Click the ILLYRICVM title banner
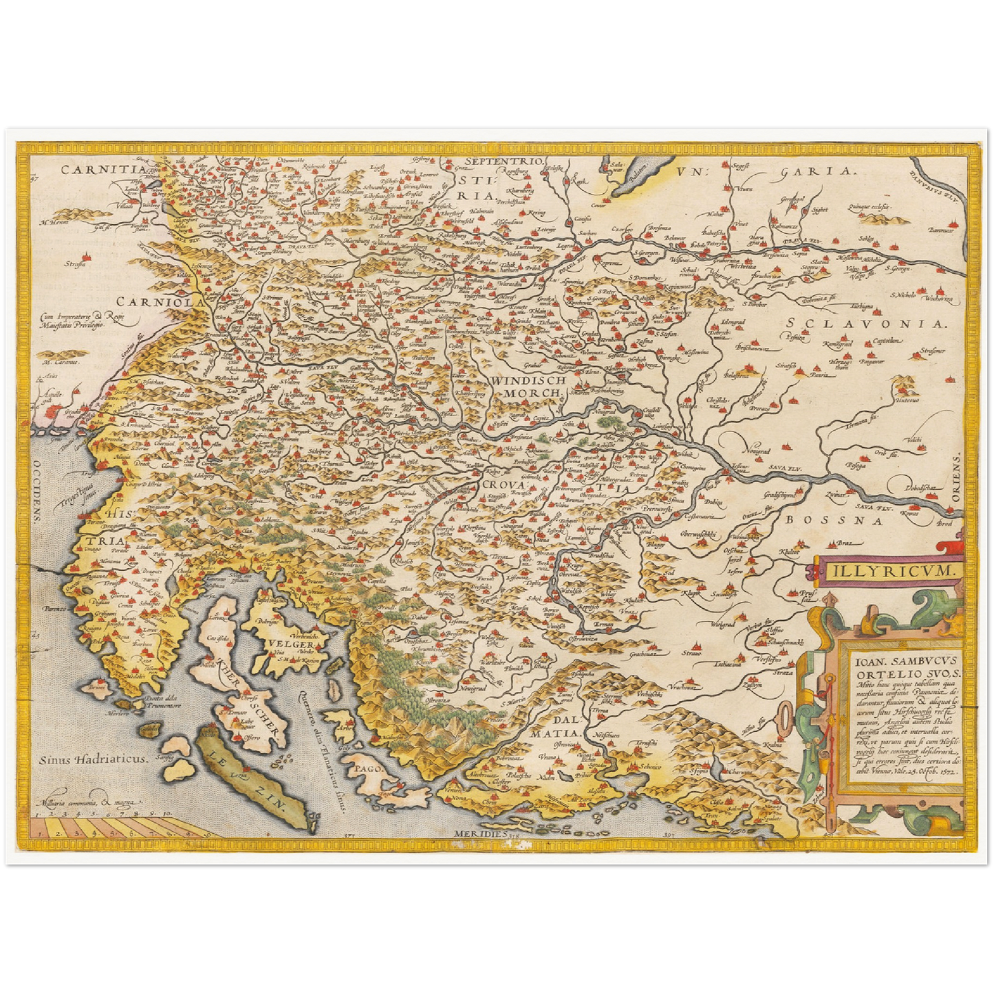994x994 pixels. (x=883, y=570)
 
